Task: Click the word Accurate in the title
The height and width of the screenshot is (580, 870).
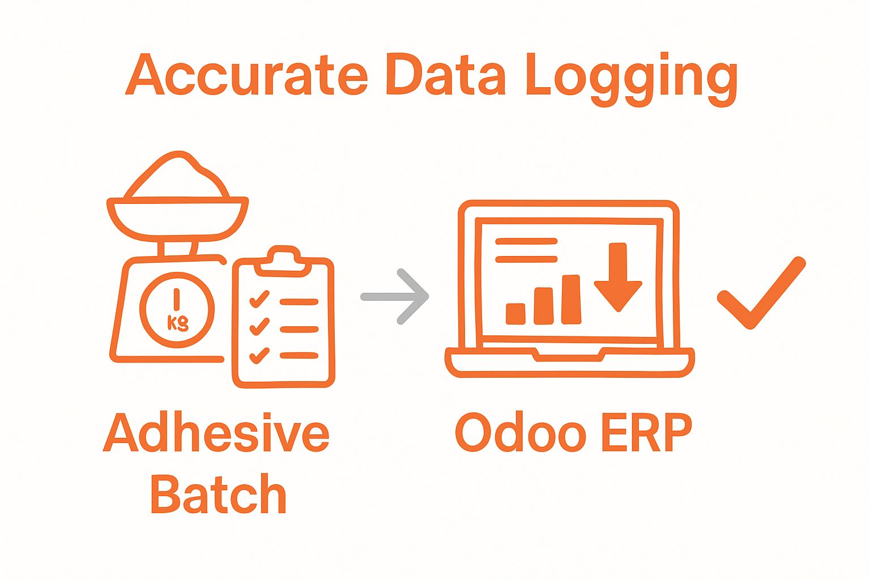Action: [x=247, y=75]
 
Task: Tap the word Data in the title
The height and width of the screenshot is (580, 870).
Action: [x=445, y=75]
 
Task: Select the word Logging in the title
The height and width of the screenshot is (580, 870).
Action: [x=632, y=78]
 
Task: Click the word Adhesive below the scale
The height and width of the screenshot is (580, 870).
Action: [x=216, y=433]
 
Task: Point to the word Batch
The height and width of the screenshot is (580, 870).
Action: [x=218, y=494]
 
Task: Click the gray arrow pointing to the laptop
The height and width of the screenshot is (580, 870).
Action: [x=396, y=296]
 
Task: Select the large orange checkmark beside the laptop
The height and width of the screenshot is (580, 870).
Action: [x=761, y=292]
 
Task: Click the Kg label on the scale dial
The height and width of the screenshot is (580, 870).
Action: [x=178, y=323]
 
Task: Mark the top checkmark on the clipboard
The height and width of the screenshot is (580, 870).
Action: [x=259, y=298]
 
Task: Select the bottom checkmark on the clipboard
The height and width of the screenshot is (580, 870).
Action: [x=259, y=355]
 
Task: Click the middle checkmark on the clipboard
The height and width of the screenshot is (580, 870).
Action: [x=259, y=326]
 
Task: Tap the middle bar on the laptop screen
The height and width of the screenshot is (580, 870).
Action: [x=544, y=306]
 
